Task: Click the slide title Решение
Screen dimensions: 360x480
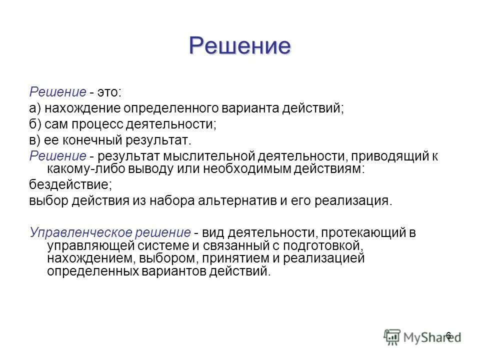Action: tap(239, 46)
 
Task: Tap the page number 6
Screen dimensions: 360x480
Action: tap(448, 335)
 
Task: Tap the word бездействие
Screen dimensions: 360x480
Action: tap(70, 185)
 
